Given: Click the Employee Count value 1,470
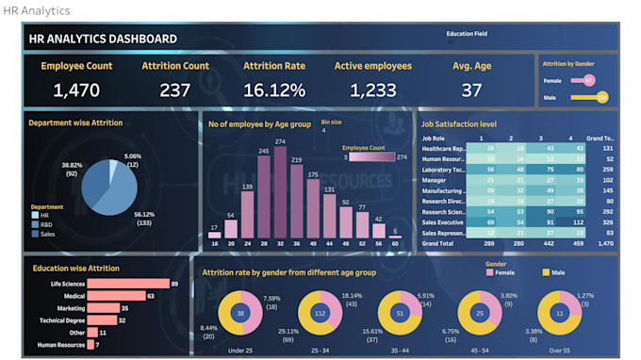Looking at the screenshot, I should tap(75, 90).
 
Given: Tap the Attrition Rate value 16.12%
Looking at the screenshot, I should tap(273, 90).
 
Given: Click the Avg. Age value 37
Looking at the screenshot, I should tap(471, 90).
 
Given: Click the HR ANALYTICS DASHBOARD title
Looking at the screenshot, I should tap(103, 39).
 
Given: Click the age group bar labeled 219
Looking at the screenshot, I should tap(296, 193).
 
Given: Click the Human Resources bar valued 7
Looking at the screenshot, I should tap(90, 345).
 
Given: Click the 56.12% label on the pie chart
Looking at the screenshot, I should tap(145, 217).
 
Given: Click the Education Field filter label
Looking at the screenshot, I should tap(467, 32).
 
